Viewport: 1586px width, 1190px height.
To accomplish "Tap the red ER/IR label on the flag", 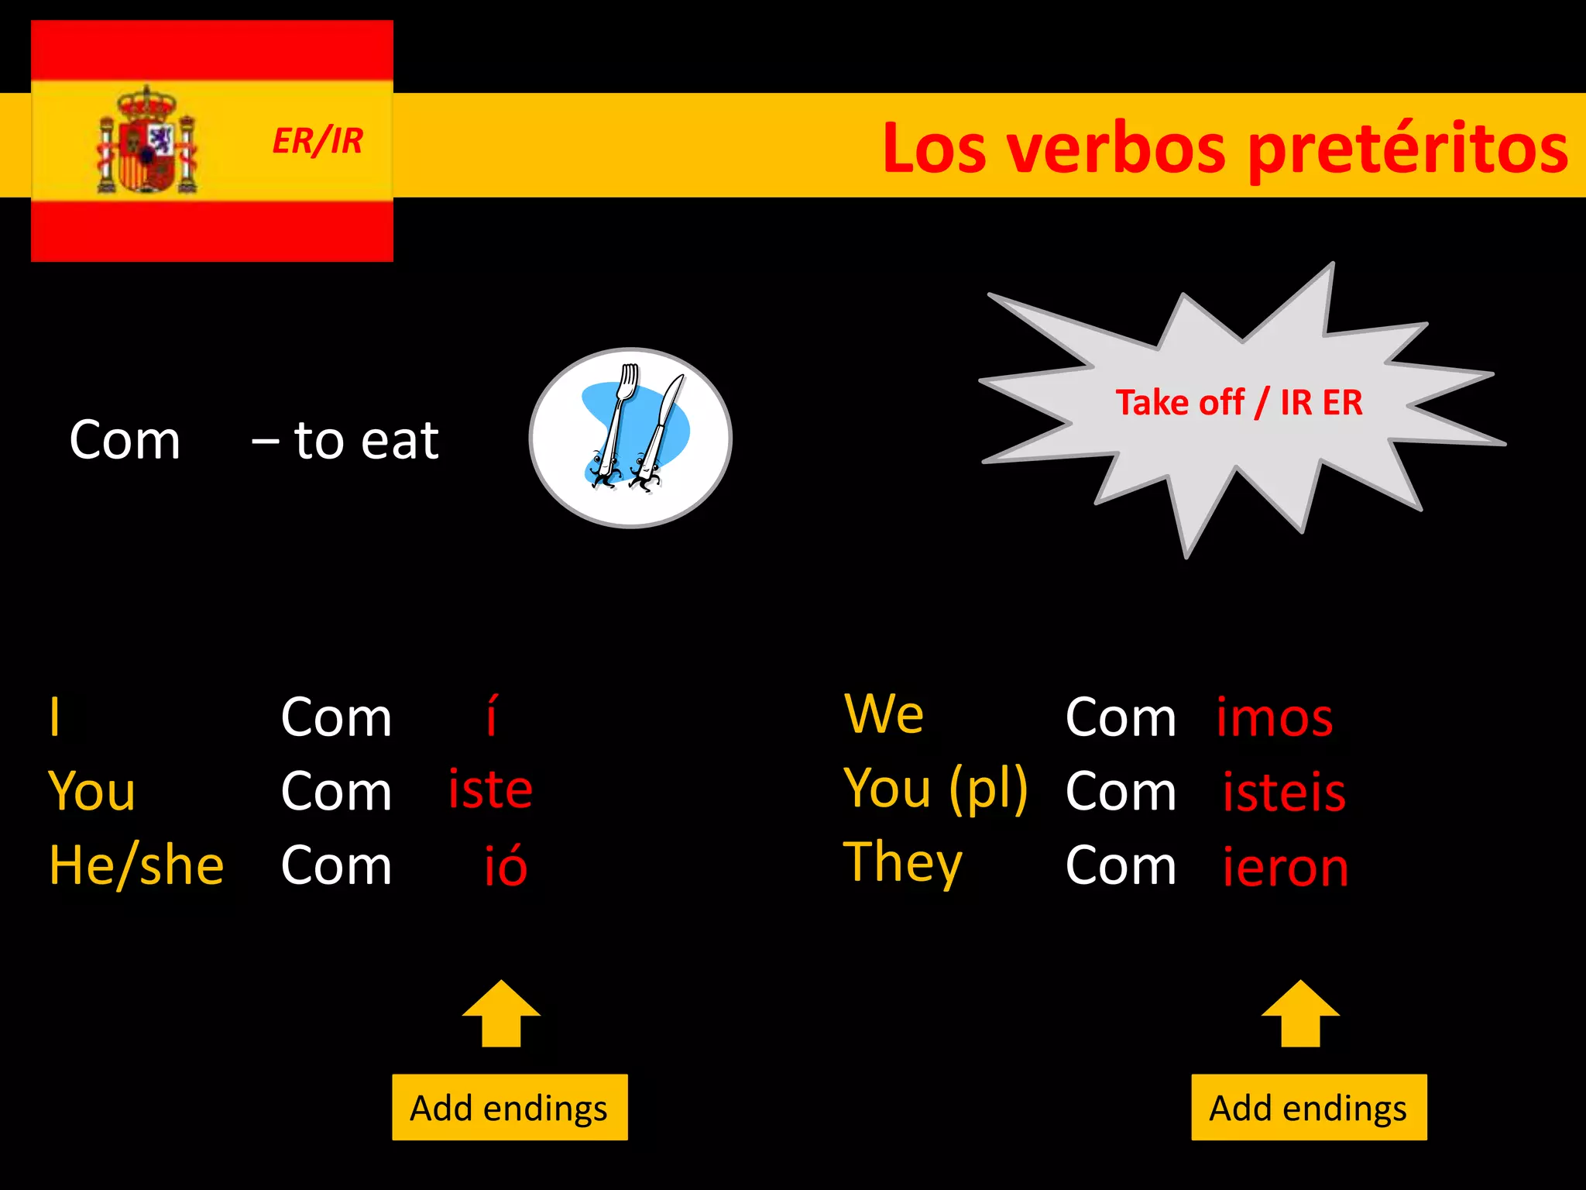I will [318, 141].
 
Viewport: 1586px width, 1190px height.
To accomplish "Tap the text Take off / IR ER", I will [1238, 403].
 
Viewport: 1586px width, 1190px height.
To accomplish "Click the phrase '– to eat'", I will [345, 440].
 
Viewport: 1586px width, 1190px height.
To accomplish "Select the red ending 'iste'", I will [490, 789].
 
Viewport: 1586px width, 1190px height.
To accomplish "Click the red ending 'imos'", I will [1274, 717].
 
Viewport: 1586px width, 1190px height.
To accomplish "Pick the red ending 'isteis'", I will [1284, 792].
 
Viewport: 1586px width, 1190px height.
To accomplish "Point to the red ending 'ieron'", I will [1286, 866].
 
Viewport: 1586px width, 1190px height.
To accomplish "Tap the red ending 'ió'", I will [505, 865].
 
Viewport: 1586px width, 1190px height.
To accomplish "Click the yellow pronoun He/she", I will [136, 865].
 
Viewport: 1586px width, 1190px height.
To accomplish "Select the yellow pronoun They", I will [902, 862].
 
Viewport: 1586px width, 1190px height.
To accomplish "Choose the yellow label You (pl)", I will [935, 789].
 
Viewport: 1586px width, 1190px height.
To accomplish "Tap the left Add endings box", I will [510, 1107].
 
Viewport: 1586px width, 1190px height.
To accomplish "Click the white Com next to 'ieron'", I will [1121, 865].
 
